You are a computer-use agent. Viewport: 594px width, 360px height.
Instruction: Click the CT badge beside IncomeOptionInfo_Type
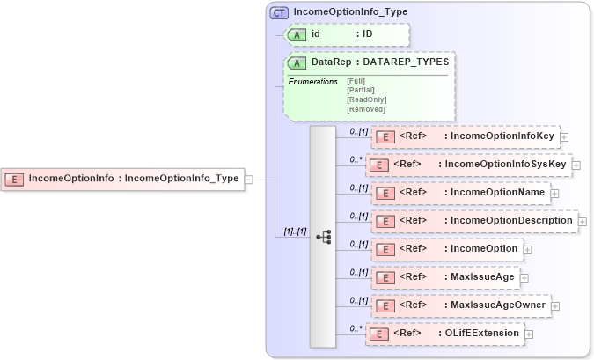(x=280, y=12)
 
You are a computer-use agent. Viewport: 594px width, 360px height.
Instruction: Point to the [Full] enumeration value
(x=356, y=81)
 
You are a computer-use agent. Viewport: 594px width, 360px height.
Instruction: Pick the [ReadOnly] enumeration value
(x=366, y=99)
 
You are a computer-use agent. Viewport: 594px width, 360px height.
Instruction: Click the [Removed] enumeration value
(x=366, y=109)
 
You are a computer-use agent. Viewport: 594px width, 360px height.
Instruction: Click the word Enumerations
(x=312, y=81)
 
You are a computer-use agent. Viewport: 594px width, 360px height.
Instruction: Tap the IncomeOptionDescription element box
(x=473, y=221)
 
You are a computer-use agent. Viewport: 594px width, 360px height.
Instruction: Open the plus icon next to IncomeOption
(x=528, y=250)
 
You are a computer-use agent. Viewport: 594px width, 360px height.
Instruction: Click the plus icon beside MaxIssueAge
(x=524, y=278)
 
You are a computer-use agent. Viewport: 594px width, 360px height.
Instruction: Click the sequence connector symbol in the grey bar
(x=323, y=236)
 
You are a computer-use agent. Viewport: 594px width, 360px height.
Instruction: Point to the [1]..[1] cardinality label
(x=290, y=231)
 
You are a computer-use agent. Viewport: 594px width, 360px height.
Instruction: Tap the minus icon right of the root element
(x=249, y=179)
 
